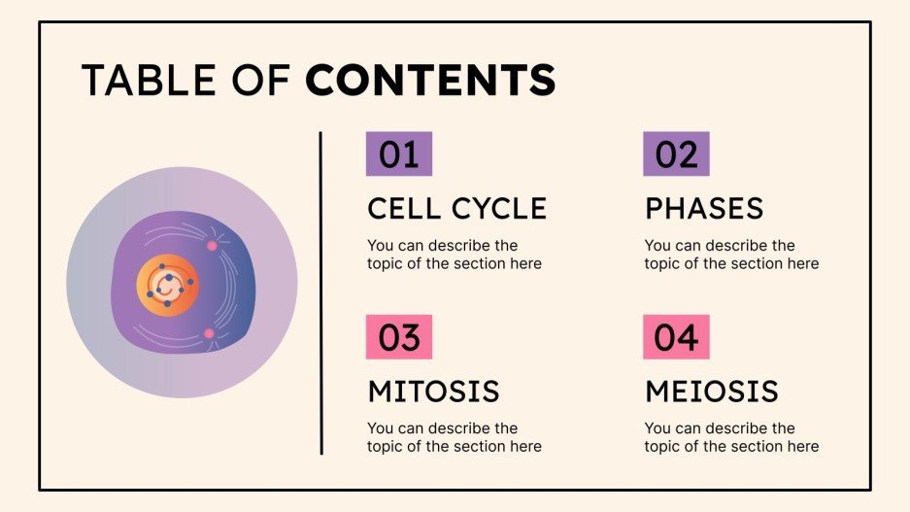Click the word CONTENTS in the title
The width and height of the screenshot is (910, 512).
pos(430,81)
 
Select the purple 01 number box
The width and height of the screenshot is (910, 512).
pos(398,154)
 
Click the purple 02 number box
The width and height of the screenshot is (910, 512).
pos(676,154)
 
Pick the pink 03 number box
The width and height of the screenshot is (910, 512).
pos(398,337)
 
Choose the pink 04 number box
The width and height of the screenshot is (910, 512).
pos(676,337)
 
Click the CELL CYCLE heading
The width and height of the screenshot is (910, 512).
pos(456,208)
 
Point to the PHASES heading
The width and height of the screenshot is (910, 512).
pos(704,208)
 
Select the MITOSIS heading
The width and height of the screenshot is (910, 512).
pos(433,391)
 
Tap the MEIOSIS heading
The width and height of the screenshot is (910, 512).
pos(711,391)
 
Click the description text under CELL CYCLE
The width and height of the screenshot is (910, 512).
pos(454,255)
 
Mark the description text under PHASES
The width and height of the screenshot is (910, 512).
pos(731,255)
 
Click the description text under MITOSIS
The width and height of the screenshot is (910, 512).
pos(454,437)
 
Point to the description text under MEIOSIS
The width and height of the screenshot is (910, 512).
pos(731,437)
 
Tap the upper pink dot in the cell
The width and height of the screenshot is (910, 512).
pos(212,245)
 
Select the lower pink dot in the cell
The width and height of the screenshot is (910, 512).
pos(209,334)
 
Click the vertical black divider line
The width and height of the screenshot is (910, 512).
pos(320,292)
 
